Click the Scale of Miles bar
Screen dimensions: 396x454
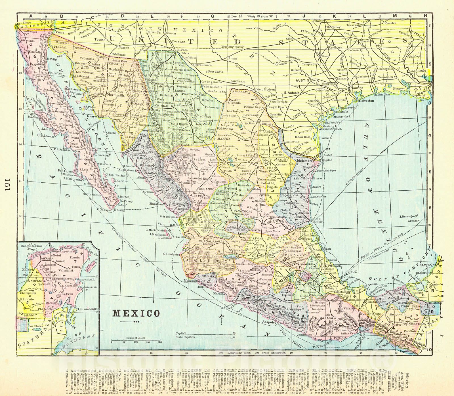click(x=136, y=340)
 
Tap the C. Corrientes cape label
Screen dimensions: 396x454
click(x=171, y=254)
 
